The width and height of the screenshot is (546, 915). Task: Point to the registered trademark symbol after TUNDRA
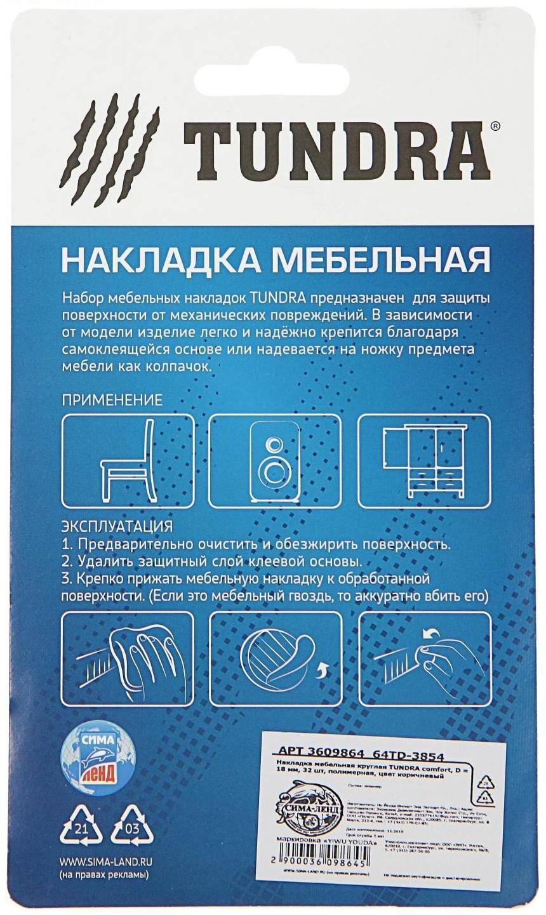(x=495, y=126)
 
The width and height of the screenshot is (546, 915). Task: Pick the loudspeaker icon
(x=274, y=457)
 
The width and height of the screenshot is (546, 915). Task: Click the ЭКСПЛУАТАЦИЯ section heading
(x=117, y=528)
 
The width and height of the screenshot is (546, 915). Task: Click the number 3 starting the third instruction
(x=66, y=579)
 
